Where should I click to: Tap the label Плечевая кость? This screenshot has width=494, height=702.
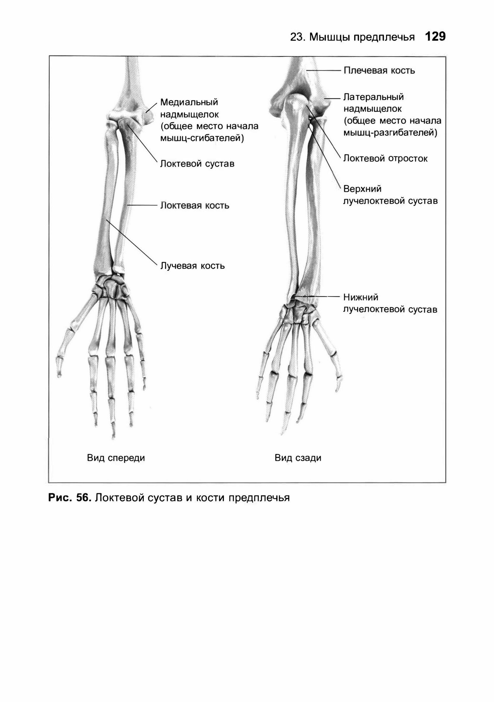coord(379,71)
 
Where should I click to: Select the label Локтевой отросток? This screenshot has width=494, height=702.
coord(385,158)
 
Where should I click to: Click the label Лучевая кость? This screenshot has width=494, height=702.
coord(192,266)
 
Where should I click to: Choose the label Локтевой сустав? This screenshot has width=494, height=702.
coord(197,164)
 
